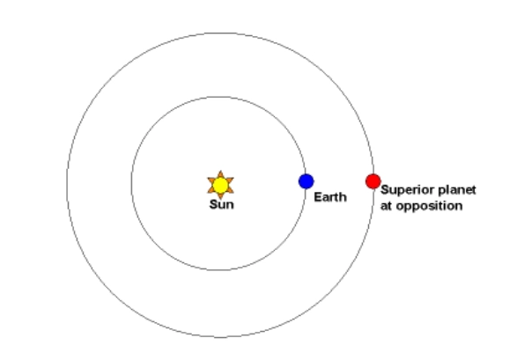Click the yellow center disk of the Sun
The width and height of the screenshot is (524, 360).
pyautogui.click(x=220, y=186)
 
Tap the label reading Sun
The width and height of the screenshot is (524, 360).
pyautogui.click(x=222, y=204)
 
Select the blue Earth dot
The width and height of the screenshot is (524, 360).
pyautogui.click(x=306, y=181)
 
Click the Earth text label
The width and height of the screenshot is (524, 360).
pyautogui.click(x=330, y=196)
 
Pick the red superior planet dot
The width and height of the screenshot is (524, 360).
pyautogui.click(x=373, y=181)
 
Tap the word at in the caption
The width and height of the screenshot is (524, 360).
pyautogui.click(x=386, y=206)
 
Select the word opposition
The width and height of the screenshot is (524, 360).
pyautogui.click(x=428, y=206)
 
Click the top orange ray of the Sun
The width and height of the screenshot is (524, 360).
pyautogui.click(x=220, y=174)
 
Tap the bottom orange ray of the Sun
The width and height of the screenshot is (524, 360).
pyautogui.click(x=220, y=196)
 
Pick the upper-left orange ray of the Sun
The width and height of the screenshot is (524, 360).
pyautogui.click(x=211, y=180)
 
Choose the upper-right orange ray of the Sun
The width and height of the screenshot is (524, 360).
pyautogui.click(x=230, y=180)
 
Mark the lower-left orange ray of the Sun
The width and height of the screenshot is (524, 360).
pyautogui.click(x=211, y=190)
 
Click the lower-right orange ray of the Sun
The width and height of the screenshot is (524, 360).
pyautogui.click(x=230, y=190)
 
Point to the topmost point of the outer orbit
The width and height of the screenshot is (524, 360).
pyautogui.click(x=220, y=33)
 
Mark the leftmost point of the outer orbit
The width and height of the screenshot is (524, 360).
pyautogui.click(x=67, y=185)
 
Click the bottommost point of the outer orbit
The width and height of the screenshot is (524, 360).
pyautogui.click(x=220, y=337)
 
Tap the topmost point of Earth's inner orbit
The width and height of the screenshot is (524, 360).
pyautogui.click(x=218, y=97)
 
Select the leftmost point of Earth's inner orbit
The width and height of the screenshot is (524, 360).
pyautogui.click(x=132, y=183)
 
